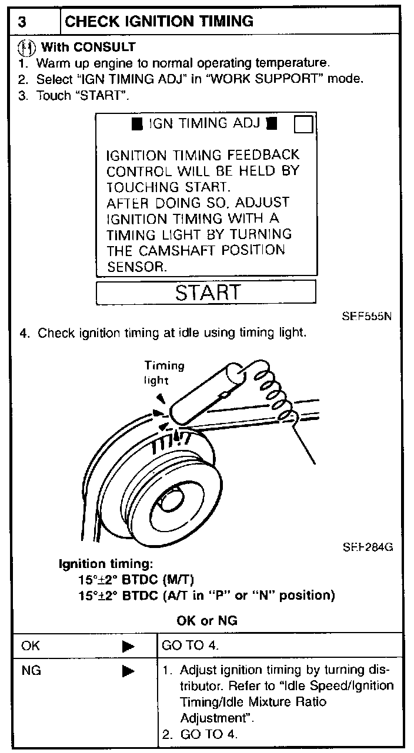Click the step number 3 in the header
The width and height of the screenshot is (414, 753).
(x=22, y=22)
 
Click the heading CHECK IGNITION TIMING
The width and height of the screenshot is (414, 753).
(x=159, y=22)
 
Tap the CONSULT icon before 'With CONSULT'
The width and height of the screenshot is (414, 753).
(x=26, y=47)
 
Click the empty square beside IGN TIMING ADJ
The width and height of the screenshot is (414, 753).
(x=303, y=125)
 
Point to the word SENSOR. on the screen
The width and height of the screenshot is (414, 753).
(x=137, y=266)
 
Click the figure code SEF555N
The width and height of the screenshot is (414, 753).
(x=366, y=315)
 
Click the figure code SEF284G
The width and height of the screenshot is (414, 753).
(x=368, y=547)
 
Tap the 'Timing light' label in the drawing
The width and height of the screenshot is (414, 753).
(x=165, y=373)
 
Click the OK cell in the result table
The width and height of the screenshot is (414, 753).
(x=31, y=646)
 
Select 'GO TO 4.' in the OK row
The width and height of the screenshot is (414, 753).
(x=191, y=646)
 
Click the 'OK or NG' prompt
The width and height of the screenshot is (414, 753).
(x=206, y=620)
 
